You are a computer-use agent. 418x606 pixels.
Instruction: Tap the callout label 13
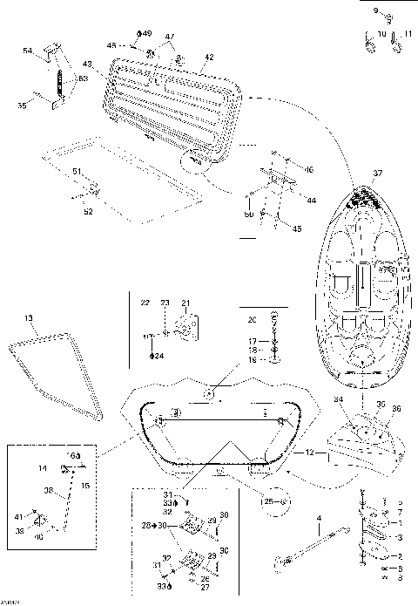tap(29, 318)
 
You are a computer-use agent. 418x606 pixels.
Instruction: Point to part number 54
tap(27, 51)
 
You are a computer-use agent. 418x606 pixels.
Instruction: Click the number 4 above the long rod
tap(319, 518)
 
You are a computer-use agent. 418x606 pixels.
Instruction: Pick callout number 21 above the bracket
tap(185, 303)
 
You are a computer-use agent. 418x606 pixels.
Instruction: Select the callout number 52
tap(88, 210)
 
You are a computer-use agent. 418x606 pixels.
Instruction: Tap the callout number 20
tap(252, 319)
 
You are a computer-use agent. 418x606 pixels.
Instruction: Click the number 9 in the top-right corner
tap(376, 11)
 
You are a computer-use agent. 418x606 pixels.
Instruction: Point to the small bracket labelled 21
tap(185, 328)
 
